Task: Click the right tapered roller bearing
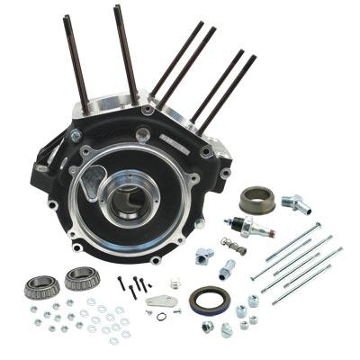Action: coord(81,278)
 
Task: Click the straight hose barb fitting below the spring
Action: coord(229,268)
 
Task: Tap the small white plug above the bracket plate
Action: coord(175,283)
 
